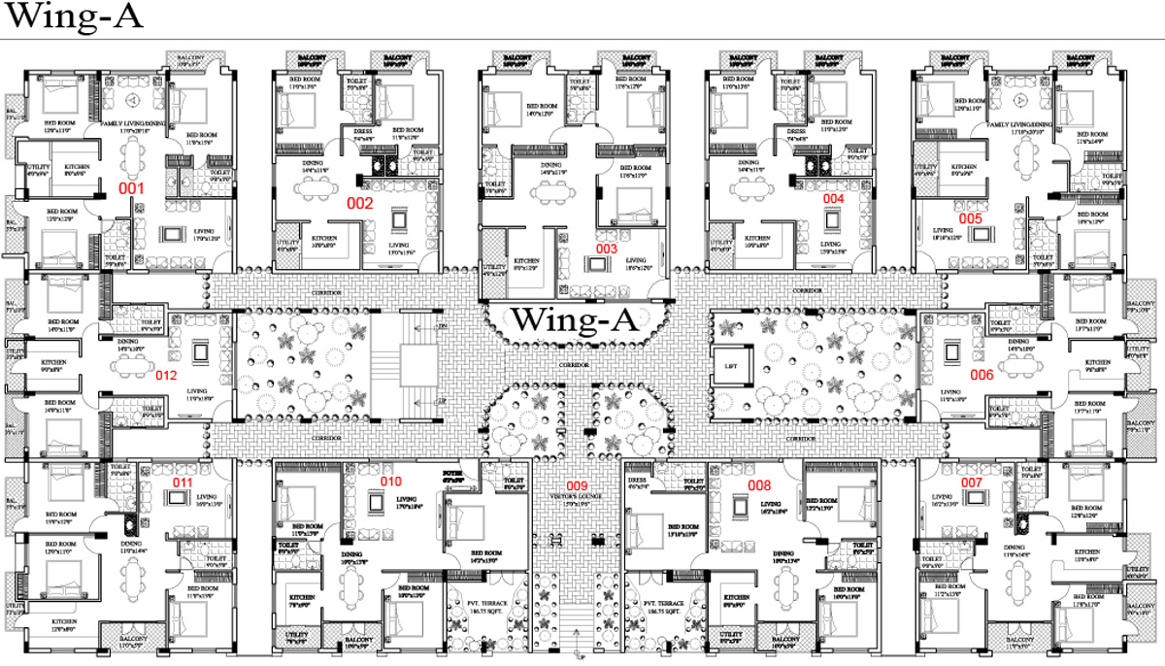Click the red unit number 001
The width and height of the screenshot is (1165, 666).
click(130, 186)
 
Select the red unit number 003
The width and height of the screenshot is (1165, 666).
click(606, 249)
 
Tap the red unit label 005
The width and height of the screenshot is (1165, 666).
click(970, 218)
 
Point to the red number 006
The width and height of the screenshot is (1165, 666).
click(981, 375)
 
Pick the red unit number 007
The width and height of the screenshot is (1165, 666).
click(972, 483)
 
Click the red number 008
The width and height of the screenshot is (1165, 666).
click(758, 484)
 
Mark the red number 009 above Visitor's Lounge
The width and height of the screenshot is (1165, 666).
click(577, 485)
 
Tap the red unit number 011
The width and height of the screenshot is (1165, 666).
click(183, 483)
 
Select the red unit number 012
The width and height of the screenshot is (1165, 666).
click(166, 374)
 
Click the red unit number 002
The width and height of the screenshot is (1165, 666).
click(360, 204)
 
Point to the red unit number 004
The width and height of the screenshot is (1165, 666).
click(833, 198)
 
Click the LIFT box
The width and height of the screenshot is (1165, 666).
click(731, 367)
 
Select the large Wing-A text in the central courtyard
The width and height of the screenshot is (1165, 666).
click(575, 319)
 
